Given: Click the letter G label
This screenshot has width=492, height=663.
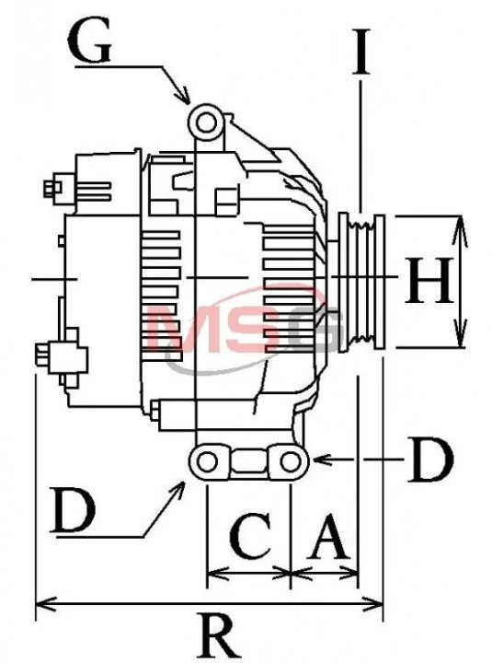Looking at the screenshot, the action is click(x=89, y=41).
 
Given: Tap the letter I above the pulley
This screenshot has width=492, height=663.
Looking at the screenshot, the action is click(x=361, y=52).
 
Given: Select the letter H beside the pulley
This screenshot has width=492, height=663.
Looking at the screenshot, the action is click(x=429, y=281).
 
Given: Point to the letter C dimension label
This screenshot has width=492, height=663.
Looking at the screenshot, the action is click(x=250, y=535).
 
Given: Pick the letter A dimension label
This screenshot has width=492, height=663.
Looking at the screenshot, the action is click(x=329, y=536).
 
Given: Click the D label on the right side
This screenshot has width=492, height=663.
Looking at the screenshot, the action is click(x=430, y=460).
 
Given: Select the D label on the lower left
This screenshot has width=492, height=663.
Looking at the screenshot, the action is click(x=73, y=509).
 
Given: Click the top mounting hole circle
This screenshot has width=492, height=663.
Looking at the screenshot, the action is click(x=206, y=123).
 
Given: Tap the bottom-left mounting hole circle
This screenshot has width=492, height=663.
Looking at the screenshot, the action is click(x=207, y=461).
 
